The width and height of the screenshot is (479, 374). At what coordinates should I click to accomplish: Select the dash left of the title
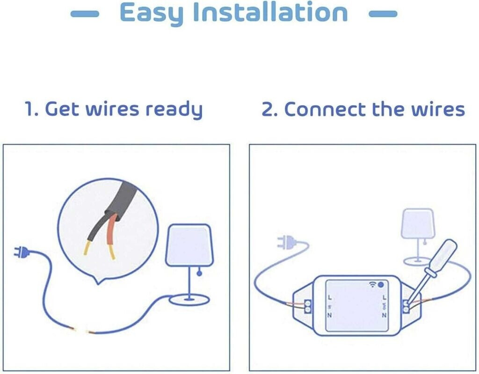click(x=85, y=14)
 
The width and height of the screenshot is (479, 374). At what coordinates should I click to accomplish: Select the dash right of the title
click(x=383, y=14)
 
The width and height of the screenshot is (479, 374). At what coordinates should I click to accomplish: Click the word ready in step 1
click(x=174, y=110)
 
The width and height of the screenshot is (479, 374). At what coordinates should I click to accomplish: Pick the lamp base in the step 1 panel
click(x=189, y=299)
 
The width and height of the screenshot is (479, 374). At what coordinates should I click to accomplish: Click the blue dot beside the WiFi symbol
click(x=381, y=284)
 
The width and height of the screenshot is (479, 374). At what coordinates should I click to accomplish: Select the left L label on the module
click(x=329, y=297)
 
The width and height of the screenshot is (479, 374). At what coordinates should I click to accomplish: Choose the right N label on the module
click(x=385, y=315)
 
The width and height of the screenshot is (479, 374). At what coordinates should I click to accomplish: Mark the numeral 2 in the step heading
click(x=266, y=110)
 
